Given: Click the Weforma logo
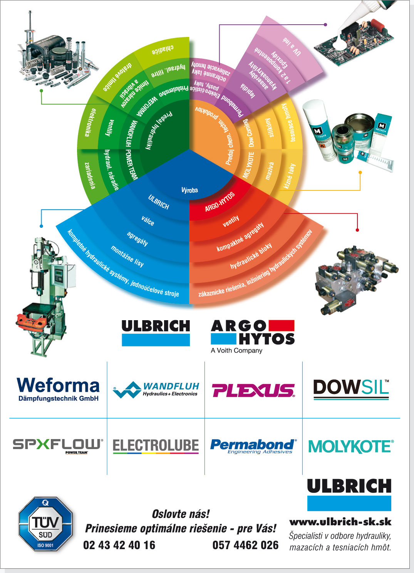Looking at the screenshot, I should tap(58, 389).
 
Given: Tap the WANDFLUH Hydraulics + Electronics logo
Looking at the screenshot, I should tap(156, 389).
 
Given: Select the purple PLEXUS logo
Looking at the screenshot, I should tap(253, 390).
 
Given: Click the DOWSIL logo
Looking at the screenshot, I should tap(351, 389).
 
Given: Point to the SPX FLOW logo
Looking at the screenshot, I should tap(58, 446).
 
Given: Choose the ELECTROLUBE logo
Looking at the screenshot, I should tap(156, 446).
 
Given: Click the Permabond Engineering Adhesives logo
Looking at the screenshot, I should tap(253, 446).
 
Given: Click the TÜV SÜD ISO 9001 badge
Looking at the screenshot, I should tap(45, 524).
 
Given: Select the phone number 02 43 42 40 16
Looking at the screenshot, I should tap(119, 545).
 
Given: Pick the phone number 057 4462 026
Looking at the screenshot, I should tap(245, 545).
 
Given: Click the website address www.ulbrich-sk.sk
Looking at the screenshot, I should tap(340, 522).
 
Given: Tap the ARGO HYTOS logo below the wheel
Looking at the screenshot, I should tap(253, 332).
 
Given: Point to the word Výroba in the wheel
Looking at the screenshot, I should tap(189, 190).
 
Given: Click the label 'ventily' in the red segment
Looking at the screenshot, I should tap(231, 221).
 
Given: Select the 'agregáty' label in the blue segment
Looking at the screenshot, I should tap(137, 239).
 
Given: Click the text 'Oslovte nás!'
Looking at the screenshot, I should tap(181, 514).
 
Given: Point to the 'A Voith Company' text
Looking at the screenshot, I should tap(236, 351).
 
